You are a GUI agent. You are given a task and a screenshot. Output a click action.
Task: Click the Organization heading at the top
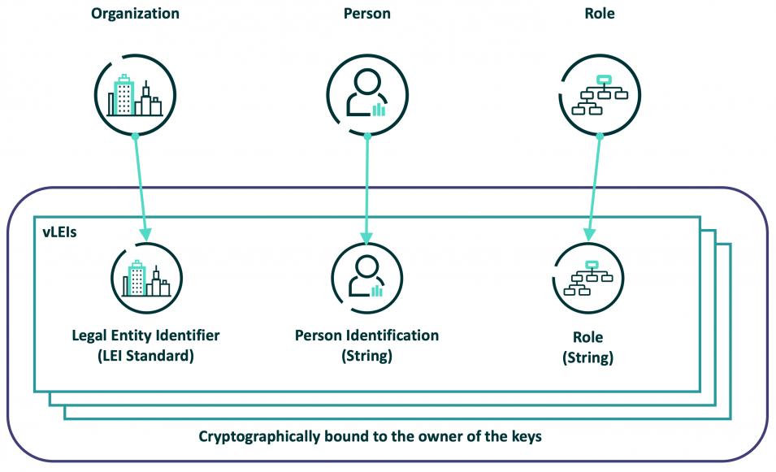click(135, 14)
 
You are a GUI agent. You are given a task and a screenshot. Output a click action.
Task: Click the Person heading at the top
click(366, 14)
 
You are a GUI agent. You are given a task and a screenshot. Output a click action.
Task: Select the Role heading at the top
click(600, 14)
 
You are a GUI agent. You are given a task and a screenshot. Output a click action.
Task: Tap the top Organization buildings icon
click(135, 95)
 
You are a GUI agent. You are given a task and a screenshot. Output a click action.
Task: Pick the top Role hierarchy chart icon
click(600, 95)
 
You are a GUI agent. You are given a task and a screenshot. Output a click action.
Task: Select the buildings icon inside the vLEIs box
click(145, 279)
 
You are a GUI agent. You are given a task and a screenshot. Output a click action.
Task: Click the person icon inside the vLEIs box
click(366, 279)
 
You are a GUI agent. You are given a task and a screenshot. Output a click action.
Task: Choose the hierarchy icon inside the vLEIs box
click(588, 279)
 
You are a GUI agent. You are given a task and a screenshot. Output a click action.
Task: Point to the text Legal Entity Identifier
click(145, 336)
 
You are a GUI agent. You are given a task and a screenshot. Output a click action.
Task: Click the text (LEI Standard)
click(145, 355)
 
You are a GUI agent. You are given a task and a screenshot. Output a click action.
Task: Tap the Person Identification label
click(366, 336)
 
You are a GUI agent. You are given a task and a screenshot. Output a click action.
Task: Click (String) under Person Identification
click(366, 355)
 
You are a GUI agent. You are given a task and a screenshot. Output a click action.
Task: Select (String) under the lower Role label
click(588, 357)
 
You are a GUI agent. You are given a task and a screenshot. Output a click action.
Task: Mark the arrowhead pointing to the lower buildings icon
click(145, 235)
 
